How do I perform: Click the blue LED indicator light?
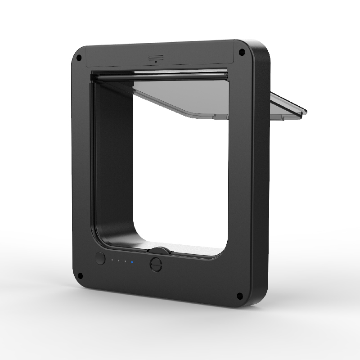(132, 261)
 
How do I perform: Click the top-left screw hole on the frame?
(79, 58)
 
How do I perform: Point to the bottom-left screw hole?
(81, 276)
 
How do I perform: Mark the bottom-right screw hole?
(239, 296)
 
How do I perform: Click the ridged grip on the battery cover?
(155, 58)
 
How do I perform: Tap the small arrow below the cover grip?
(155, 63)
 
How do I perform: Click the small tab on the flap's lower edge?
(221, 117)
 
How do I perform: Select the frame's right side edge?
(261, 180)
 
